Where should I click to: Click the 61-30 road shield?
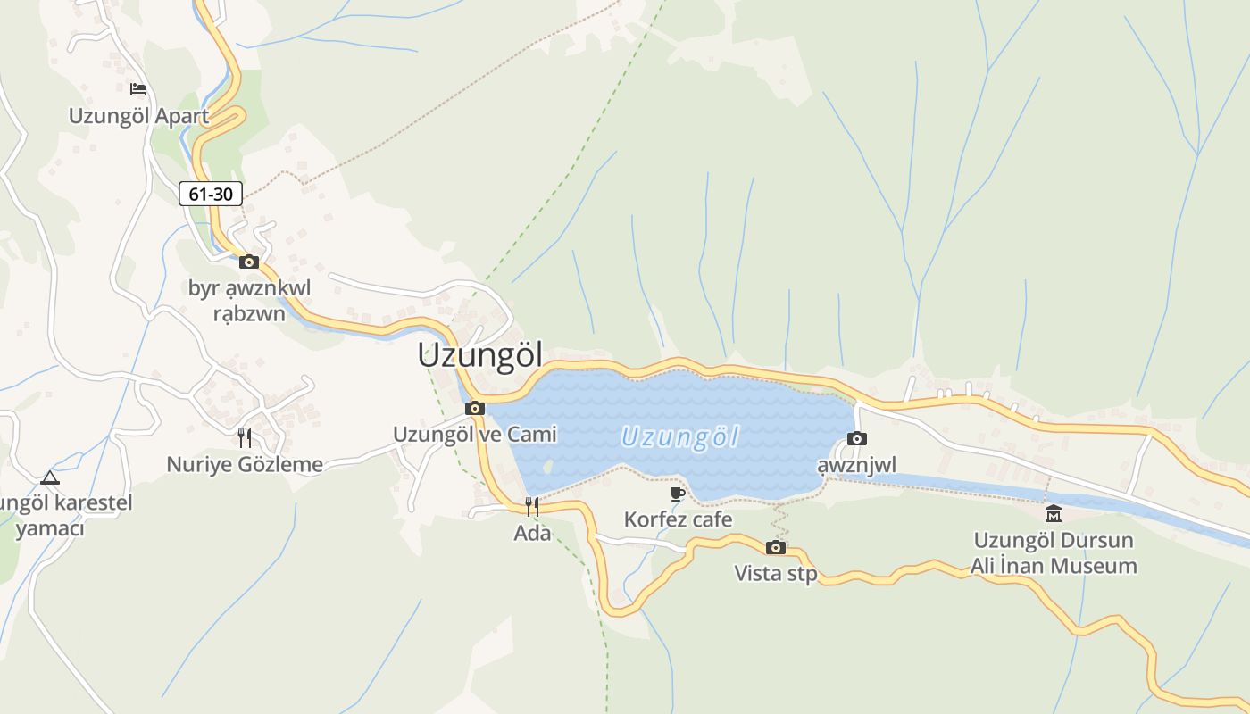(211, 193)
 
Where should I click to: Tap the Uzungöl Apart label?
(139, 116)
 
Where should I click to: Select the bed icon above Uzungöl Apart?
(138, 88)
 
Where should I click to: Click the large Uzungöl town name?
(480, 355)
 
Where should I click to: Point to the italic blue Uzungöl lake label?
(680, 437)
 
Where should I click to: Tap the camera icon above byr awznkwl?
(249, 262)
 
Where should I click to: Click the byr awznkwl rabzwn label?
(249, 301)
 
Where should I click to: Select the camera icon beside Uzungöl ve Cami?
(475, 408)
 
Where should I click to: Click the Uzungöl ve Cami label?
(475, 435)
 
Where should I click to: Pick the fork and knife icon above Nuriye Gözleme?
(245, 437)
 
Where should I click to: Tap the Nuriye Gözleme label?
(245, 464)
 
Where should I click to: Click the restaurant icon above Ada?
(532, 507)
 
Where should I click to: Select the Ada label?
(532, 534)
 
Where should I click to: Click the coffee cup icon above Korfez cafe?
(678, 494)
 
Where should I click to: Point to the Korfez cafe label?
(679, 519)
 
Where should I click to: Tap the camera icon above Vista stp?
(776, 547)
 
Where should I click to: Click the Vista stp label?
(776, 573)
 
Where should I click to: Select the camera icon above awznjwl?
(857, 438)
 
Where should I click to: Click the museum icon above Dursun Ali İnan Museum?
(1054, 513)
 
